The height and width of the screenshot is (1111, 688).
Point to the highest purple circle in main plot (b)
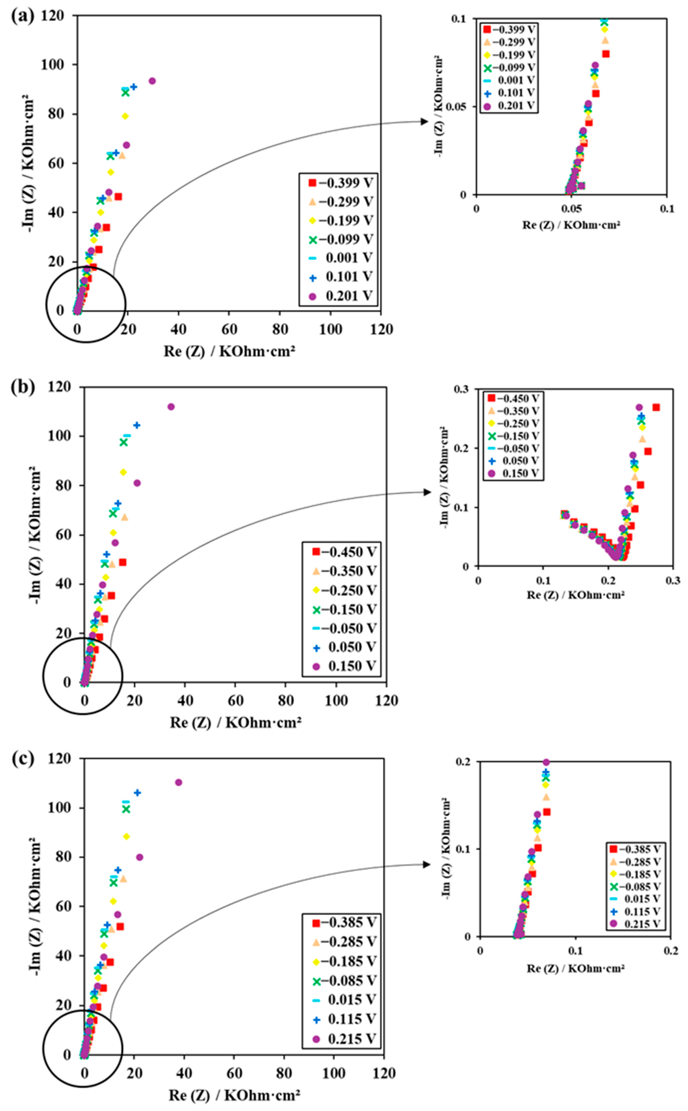(171, 406)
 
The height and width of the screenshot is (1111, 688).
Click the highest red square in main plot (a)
(118, 197)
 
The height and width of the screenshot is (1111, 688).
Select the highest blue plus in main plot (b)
(137, 425)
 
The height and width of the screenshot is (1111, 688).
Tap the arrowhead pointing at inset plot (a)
(425, 121)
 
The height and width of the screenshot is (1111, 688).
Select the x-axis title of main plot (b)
(236, 722)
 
